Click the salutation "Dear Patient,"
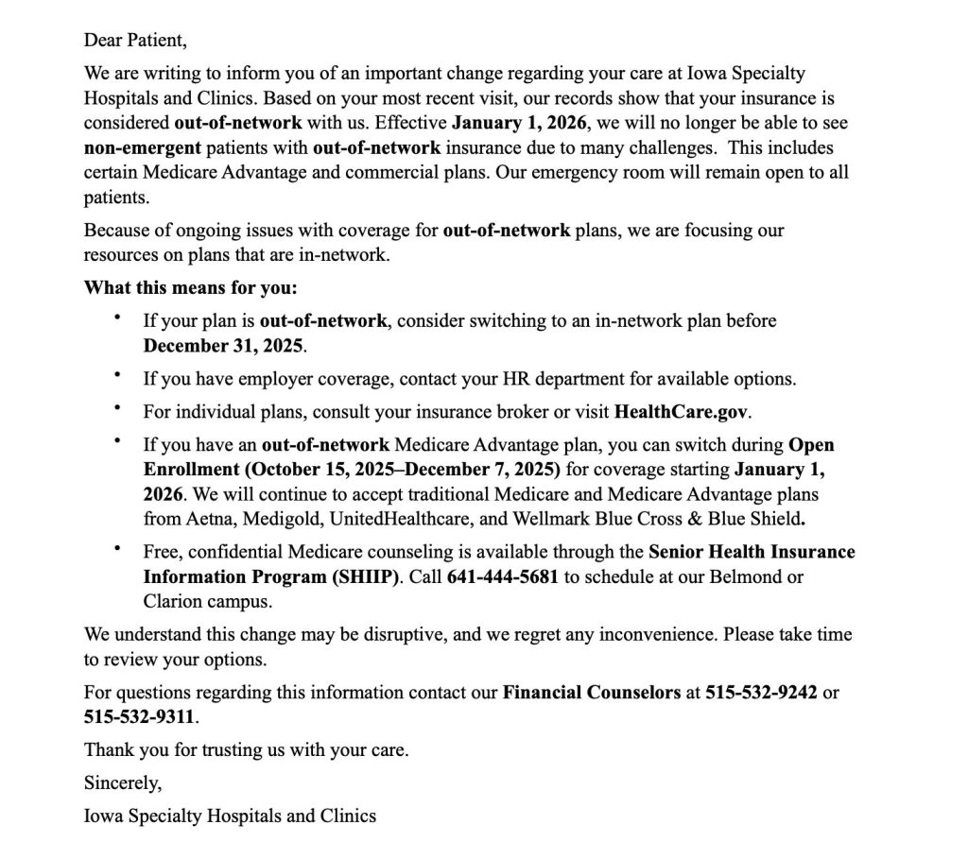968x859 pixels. [135, 40]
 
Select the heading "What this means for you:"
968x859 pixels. [190, 287]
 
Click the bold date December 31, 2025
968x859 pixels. [223, 345]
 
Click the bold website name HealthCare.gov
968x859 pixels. [682, 411]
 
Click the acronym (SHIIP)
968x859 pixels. [363, 576]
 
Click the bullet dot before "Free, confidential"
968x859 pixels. [117, 547]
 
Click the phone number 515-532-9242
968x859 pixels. [761, 692]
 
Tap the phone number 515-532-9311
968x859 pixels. [139, 716]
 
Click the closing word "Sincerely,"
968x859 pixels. [123, 782]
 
